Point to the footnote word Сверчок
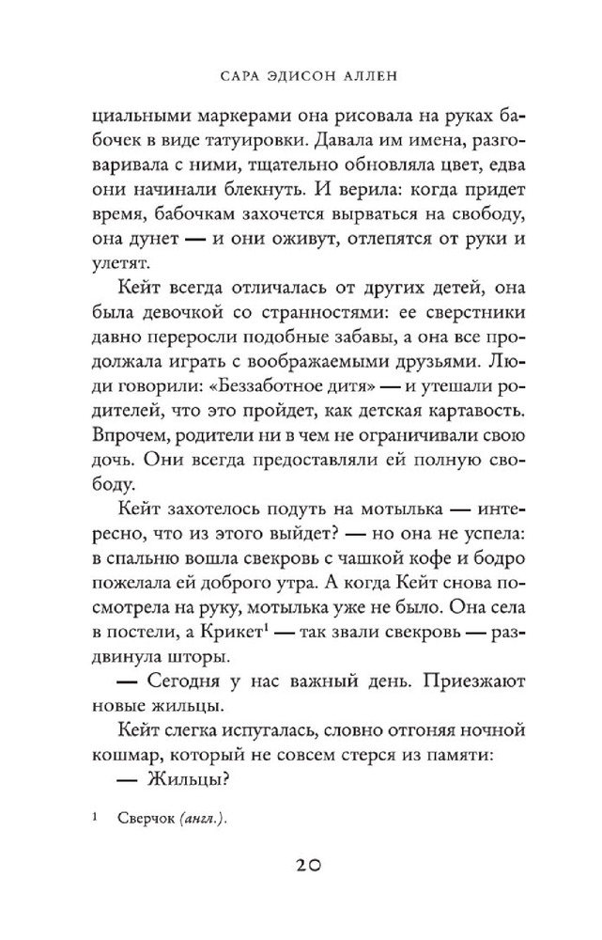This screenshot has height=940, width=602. tap(152, 819)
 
